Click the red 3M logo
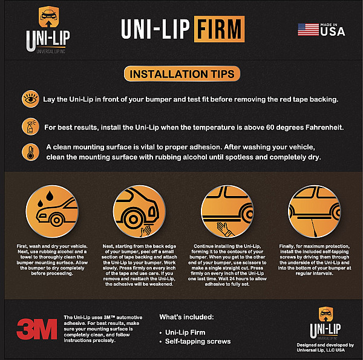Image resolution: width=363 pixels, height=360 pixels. [x=37, y=329]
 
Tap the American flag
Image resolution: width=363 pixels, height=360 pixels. [x=308, y=30]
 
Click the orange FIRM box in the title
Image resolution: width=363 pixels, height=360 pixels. [x=219, y=29]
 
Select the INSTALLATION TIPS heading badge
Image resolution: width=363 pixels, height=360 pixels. [x=182, y=74]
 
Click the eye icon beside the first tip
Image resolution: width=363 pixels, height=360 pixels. [x=30, y=99]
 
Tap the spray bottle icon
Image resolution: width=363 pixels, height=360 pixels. [x=30, y=126]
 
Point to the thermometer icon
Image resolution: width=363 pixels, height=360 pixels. [x=30, y=152]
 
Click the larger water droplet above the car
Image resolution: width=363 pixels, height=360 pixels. [x=50, y=196]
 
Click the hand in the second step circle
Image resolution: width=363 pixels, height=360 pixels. [x=146, y=231]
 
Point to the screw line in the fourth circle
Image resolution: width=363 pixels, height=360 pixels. [x=314, y=228]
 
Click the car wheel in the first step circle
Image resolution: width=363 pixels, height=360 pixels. [x=56, y=220]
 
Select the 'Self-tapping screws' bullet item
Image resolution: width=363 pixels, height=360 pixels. [x=198, y=341]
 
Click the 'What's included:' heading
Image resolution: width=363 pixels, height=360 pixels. [x=186, y=317]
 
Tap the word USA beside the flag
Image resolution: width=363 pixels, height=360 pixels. [x=333, y=31]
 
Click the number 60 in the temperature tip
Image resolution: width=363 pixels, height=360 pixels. [x=270, y=127]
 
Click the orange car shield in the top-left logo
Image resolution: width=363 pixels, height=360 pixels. [x=48, y=17]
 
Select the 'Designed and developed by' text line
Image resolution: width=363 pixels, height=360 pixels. [x=325, y=345]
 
